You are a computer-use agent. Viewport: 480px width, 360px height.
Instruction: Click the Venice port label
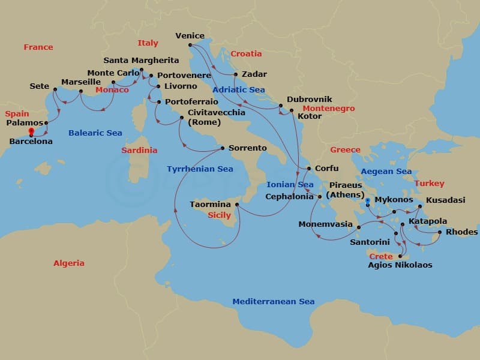tap(190, 36)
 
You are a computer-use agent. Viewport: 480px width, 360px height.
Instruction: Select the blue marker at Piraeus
tap(368, 200)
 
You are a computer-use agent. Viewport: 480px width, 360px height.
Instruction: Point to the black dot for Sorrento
tap(223, 148)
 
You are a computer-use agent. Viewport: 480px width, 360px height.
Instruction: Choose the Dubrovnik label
tap(309, 100)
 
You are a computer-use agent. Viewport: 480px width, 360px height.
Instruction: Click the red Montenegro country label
tap(328, 109)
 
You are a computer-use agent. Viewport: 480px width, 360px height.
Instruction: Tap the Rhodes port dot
tap(440, 232)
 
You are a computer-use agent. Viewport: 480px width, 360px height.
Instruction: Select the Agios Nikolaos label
tap(400, 265)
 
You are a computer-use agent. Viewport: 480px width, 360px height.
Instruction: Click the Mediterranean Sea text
tap(273, 302)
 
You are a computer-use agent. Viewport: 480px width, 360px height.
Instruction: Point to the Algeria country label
tap(69, 263)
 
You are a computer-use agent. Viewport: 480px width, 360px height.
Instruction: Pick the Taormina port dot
tap(238, 205)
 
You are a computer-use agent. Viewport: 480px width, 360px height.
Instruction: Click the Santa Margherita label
tap(141, 61)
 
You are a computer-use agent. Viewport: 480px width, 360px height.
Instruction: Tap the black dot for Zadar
tap(235, 75)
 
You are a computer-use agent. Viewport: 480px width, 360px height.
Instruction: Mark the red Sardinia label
tap(139, 150)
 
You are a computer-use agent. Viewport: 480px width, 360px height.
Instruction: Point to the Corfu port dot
tap(308, 169)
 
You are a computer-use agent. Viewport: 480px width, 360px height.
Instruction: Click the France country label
tap(38, 47)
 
